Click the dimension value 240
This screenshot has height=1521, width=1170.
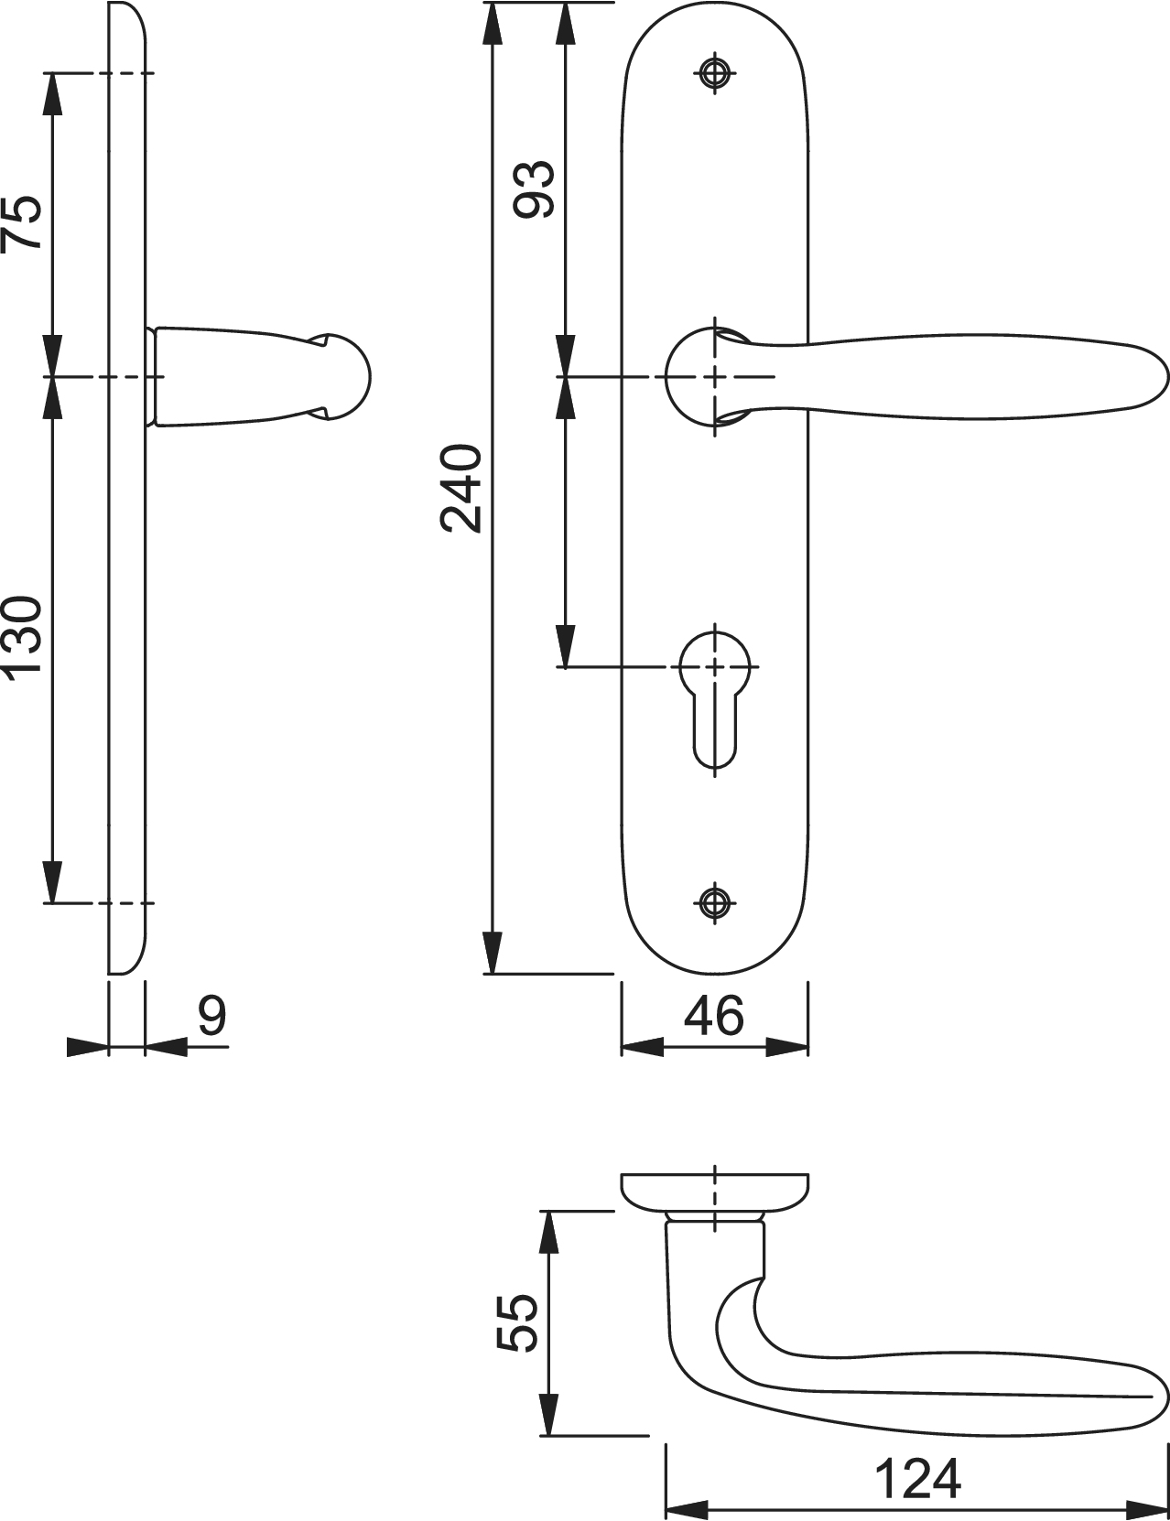point(461,488)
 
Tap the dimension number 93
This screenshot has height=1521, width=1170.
point(535,189)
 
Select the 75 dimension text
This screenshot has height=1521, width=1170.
point(22,221)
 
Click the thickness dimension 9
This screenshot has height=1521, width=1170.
point(212,1016)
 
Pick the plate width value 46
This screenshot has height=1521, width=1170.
point(713,1016)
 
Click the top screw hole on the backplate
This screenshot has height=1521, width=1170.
point(715,72)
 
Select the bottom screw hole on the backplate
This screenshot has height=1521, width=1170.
point(715,902)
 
